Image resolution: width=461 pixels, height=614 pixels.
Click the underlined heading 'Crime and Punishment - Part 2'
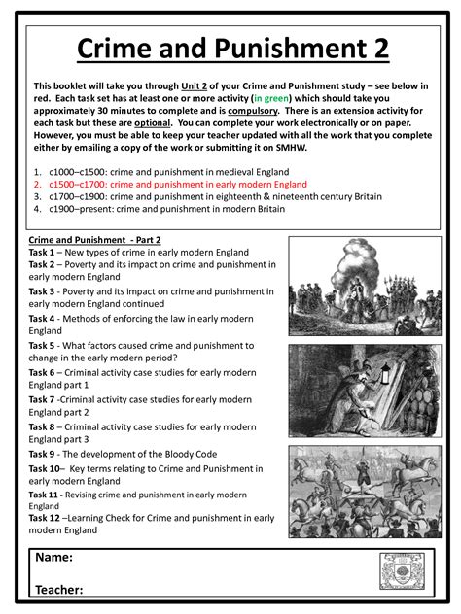94,239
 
